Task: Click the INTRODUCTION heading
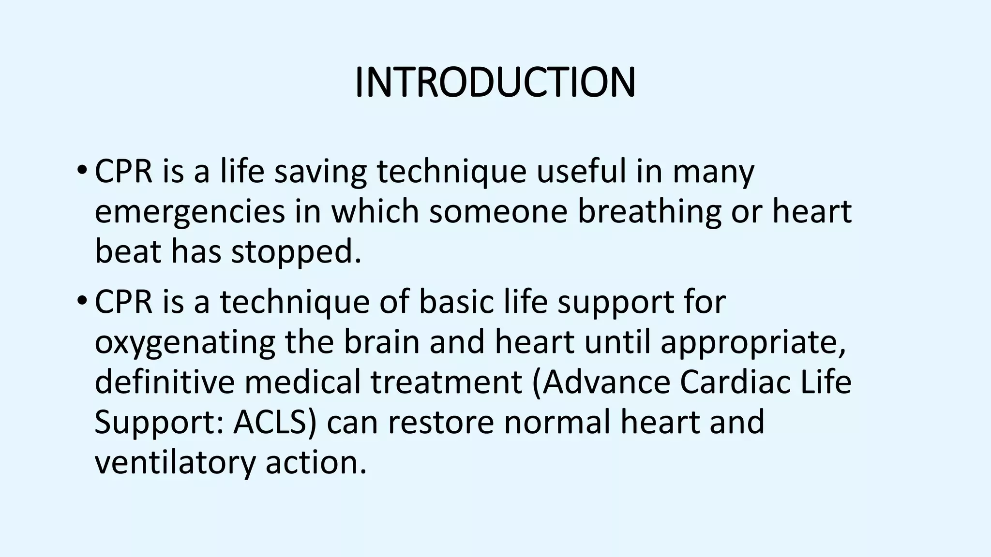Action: [495, 83]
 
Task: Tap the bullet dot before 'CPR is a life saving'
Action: [81, 171]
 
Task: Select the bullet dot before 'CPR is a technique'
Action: [81, 302]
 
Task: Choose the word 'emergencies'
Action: [190, 213]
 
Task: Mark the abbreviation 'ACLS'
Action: [271, 422]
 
